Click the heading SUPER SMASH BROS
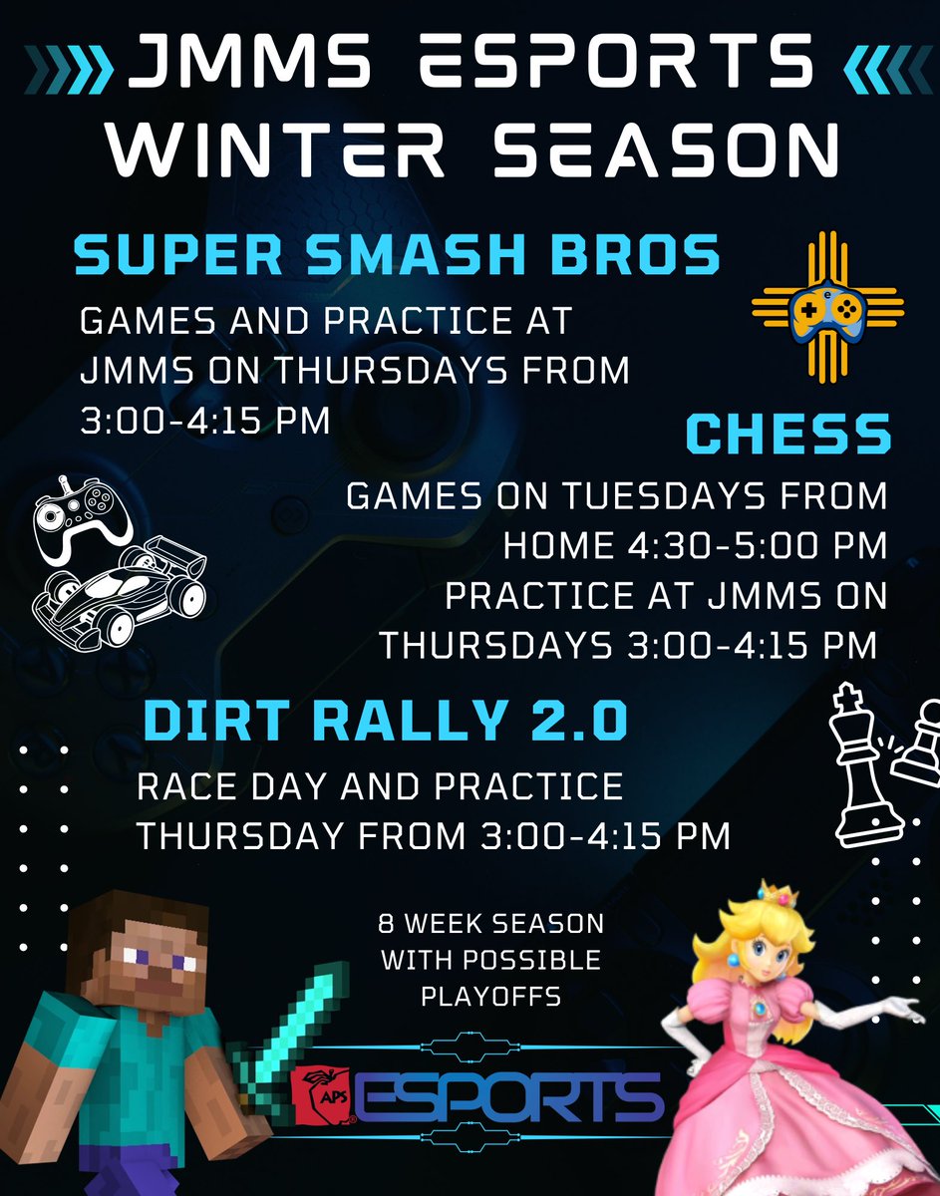(x=397, y=254)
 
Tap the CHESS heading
(x=787, y=435)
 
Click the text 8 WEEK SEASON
(x=490, y=925)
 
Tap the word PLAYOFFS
(x=489, y=996)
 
